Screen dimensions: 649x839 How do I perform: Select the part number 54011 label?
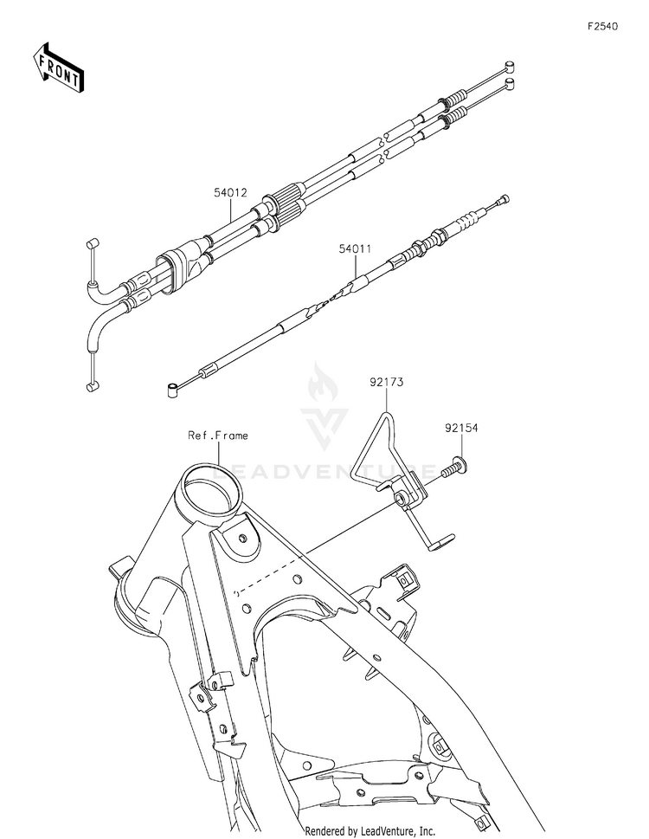click(355, 248)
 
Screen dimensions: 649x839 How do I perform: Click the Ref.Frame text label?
click(218, 436)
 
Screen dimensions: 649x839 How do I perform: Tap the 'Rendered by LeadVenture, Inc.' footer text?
click(369, 829)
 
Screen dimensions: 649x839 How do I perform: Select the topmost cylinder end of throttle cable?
click(511, 66)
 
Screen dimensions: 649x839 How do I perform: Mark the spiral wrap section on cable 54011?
click(329, 299)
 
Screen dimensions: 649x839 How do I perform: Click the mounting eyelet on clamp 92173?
click(402, 500)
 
